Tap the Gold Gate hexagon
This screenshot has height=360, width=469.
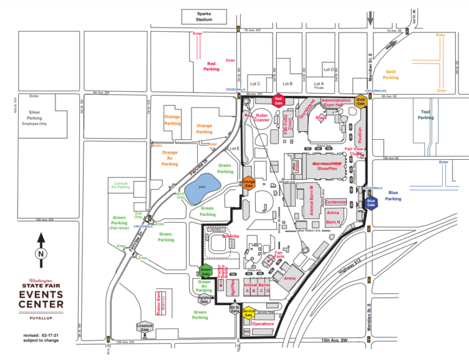(x=361, y=102)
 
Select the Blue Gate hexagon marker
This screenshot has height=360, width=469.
(x=371, y=203)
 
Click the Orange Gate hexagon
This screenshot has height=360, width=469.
(x=248, y=182)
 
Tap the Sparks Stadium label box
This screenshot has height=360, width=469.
(x=203, y=16)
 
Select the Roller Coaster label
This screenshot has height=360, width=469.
(x=263, y=117)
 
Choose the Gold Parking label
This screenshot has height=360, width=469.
(x=390, y=74)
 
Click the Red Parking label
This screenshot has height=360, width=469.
(x=211, y=66)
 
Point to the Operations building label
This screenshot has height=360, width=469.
(x=263, y=323)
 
